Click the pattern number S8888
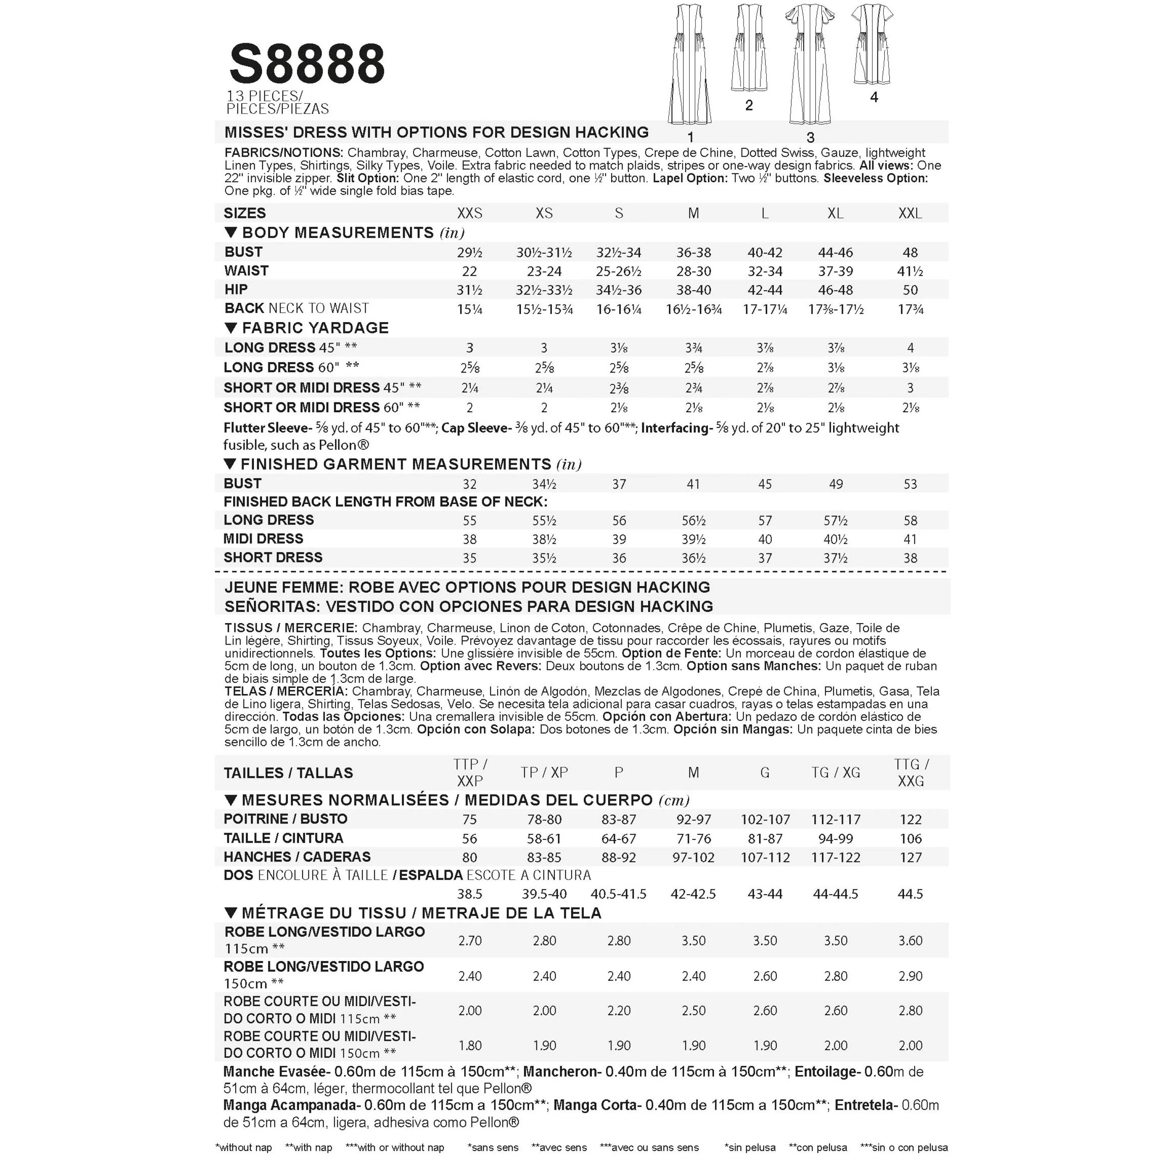(307, 64)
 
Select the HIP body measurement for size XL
(835, 290)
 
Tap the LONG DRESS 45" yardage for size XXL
(910, 348)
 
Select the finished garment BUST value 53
(910, 484)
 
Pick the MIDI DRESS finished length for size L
(765, 539)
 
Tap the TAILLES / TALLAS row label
(288, 773)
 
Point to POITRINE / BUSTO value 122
(910, 820)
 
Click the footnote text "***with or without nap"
(395, 1147)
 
